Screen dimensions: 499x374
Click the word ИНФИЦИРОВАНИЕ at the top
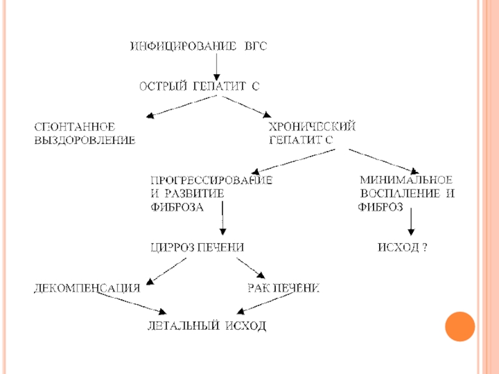coord(183,46)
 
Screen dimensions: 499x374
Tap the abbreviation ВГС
coord(256,46)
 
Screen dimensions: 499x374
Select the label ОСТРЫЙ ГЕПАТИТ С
coord(200,86)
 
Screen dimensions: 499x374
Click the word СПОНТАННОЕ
coord(75,127)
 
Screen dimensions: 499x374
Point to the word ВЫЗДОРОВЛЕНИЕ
coord(85,140)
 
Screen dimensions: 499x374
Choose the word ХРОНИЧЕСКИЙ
coord(312,127)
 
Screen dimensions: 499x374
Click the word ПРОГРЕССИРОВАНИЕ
coord(211,180)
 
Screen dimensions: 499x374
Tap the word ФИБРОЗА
coord(177,208)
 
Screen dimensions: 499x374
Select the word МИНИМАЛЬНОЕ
coord(406,180)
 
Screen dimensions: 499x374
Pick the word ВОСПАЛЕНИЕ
coord(400,193)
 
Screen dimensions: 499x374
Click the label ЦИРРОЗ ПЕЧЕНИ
coord(197,247)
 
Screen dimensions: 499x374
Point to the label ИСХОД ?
coord(402,247)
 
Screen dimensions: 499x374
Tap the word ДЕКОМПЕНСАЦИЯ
coord(87,288)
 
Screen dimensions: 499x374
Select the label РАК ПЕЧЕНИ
coord(284,288)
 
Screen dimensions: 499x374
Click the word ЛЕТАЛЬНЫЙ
coord(183,325)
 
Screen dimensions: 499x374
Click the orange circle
coord(460,327)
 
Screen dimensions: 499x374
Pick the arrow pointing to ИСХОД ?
coord(411,222)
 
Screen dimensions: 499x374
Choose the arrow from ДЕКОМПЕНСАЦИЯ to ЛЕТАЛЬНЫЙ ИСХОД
coord(132,303)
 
